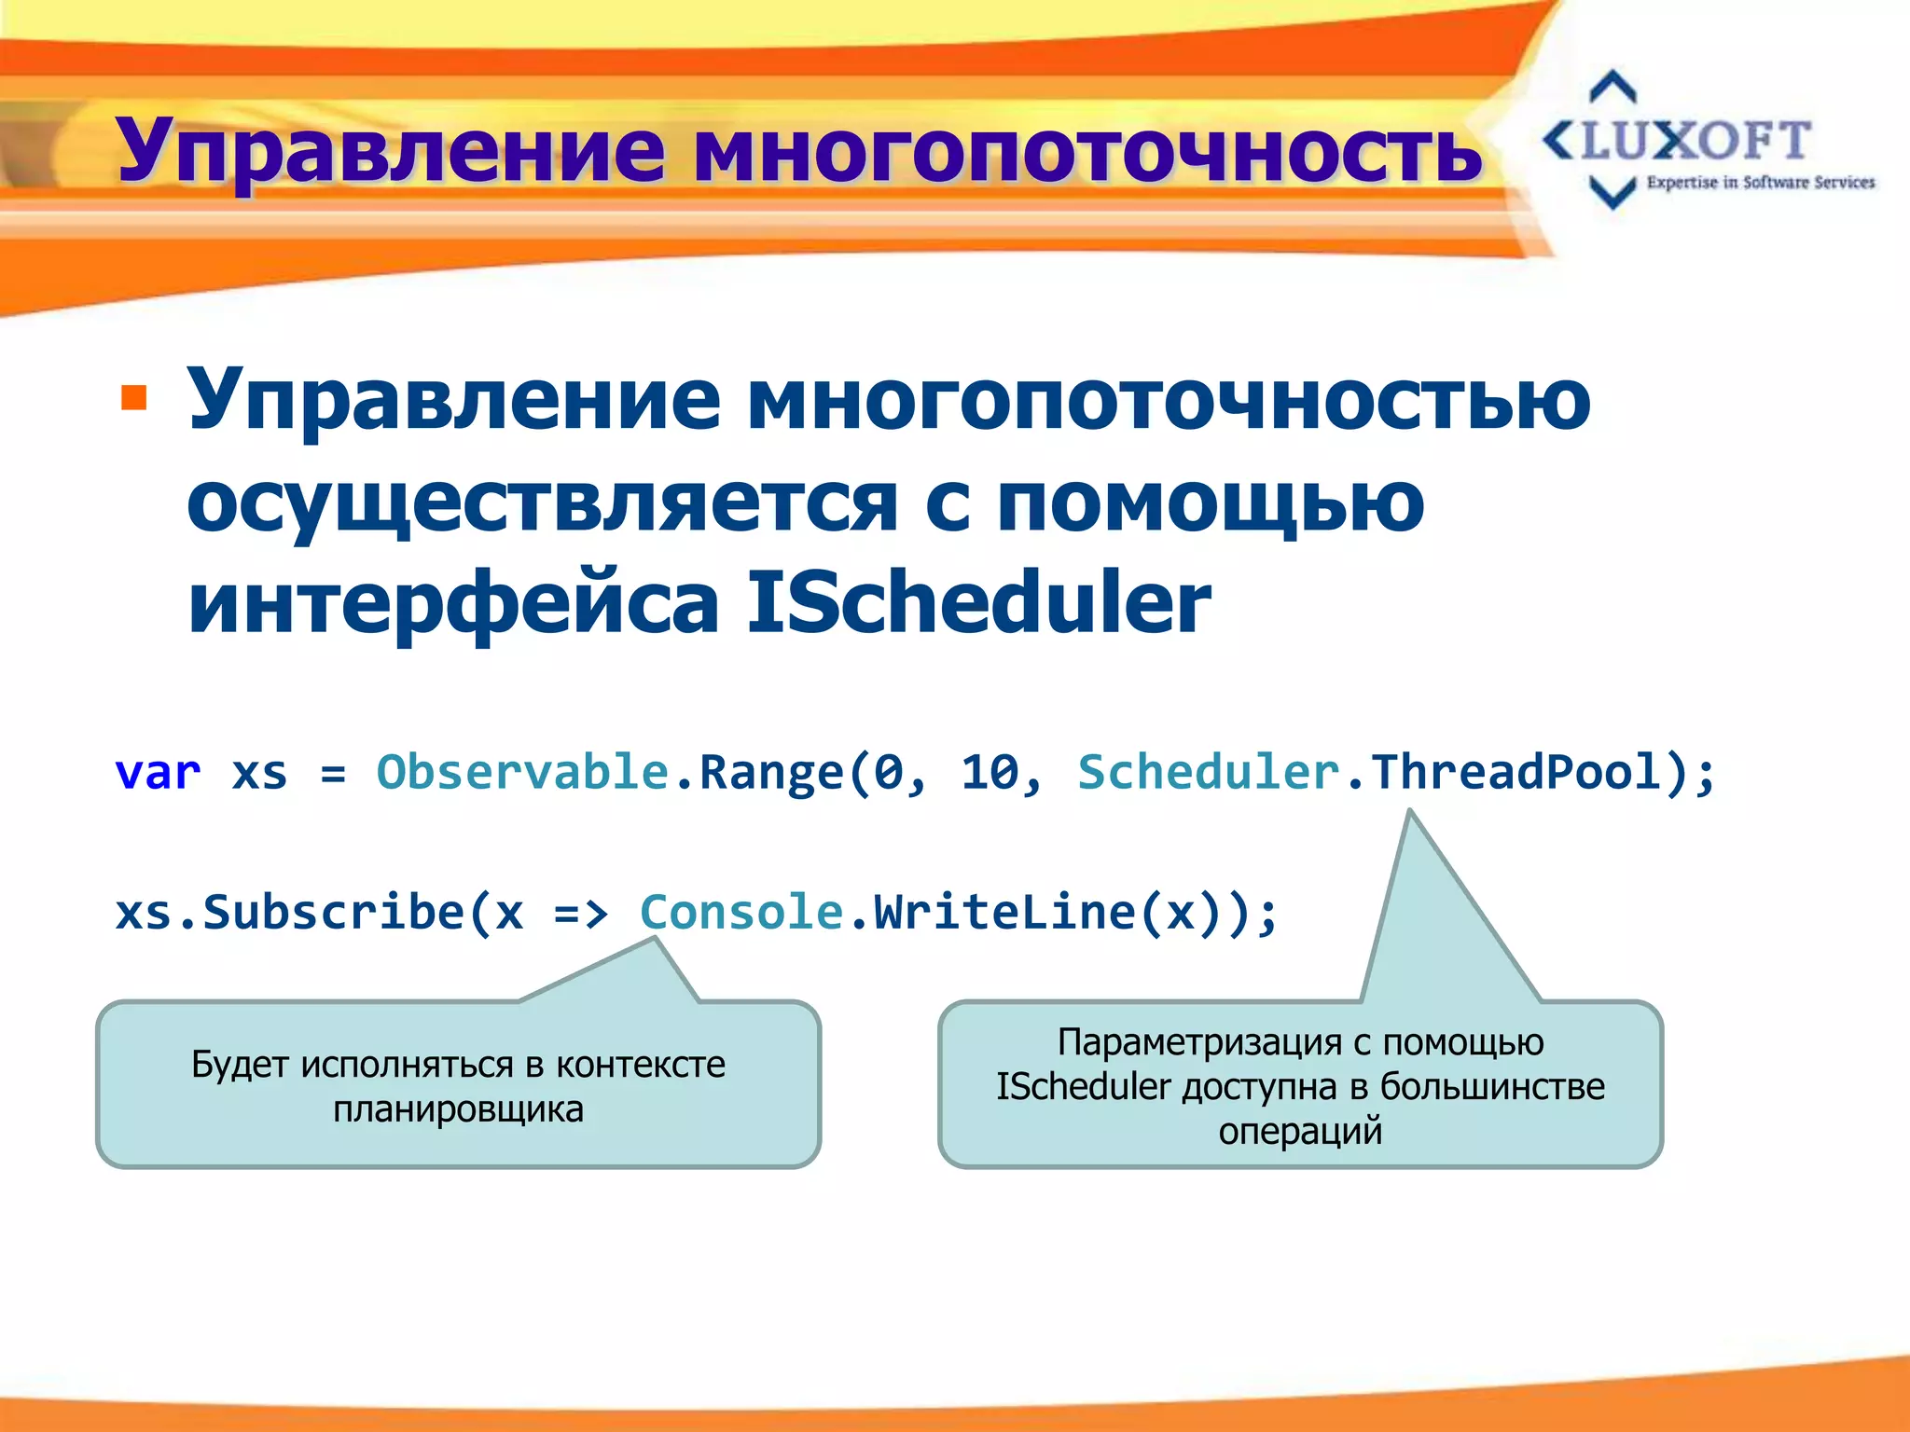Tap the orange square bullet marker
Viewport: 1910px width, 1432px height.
pyautogui.click(x=134, y=398)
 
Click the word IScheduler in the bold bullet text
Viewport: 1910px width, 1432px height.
pyautogui.click(x=978, y=603)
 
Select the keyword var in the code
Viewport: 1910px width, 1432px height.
pyautogui.click(x=158, y=774)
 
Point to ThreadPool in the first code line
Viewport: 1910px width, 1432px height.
pyautogui.click(x=1516, y=772)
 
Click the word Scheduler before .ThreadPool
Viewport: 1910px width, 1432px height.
pyautogui.click(x=1208, y=772)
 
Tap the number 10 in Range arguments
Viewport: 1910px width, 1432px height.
pyautogui.click(x=990, y=774)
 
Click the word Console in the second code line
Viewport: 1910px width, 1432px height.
pyautogui.click(x=741, y=912)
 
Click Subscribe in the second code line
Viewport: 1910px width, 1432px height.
pyautogui.click(x=333, y=912)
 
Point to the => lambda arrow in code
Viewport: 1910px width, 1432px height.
pyautogui.click(x=580, y=914)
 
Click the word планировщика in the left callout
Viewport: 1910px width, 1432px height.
pyautogui.click(x=458, y=1110)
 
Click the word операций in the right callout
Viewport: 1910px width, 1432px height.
pyautogui.click(x=1299, y=1131)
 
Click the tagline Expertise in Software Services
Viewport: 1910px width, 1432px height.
pyautogui.click(x=1760, y=183)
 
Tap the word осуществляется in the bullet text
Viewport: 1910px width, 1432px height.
pyautogui.click(x=543, y=503)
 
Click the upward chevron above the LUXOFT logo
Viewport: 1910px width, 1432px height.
pyautogui.click(x=1612, y=86)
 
